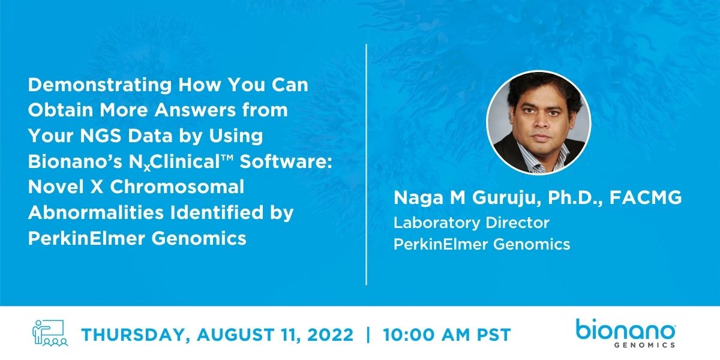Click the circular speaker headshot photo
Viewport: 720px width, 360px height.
538,122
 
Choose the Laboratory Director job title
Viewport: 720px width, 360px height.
471,223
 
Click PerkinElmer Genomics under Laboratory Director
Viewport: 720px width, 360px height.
481,244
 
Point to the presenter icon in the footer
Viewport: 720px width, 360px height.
50,334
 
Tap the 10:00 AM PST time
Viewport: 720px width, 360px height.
446,335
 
